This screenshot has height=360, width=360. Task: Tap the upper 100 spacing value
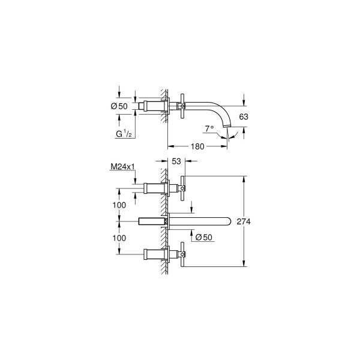(x=119, y=205)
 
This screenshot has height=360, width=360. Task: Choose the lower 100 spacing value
(x=119, y=238)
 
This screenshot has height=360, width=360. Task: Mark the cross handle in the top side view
(x=182, y=107)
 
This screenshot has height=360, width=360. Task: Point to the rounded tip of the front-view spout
(x=230, y=221)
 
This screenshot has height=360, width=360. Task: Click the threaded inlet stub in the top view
(x=143, y=107)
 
